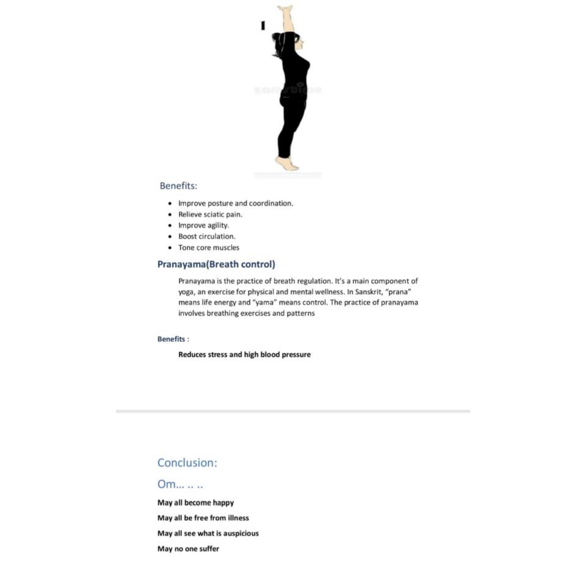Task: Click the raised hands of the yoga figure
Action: [x=285, y=10]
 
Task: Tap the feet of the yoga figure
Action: [x=286, y=163]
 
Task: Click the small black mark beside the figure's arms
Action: [x=262, y=25]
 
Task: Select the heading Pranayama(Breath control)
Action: [x=216, y=264]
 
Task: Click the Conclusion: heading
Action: [x=187, y=463]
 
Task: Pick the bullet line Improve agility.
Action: [x=203, y=225]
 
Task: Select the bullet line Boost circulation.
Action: [x=206, y=236]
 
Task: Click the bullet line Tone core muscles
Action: [x=209, y=247]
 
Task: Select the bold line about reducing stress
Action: [x=244, y=354]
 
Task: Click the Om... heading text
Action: [x=180, y=485]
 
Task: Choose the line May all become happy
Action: [x=195, y=503]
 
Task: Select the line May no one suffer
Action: [x=188, y=549]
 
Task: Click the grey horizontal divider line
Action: [x=293, y=411]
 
